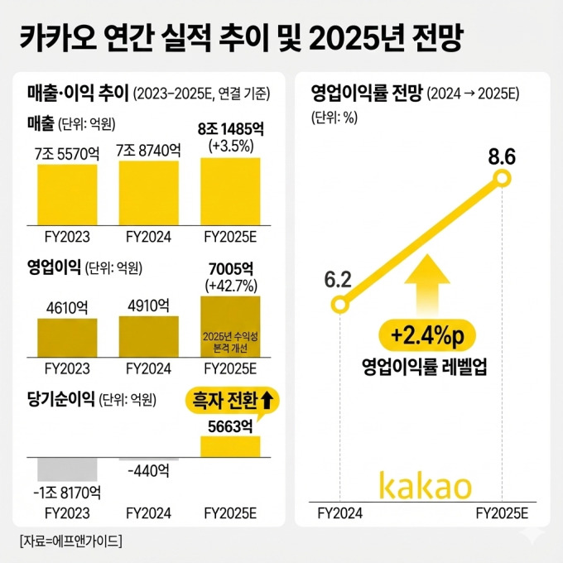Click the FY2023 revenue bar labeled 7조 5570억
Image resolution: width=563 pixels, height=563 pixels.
[67, 194]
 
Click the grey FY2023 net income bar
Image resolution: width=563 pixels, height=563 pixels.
[67, 469]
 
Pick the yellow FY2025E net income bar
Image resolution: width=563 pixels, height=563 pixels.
[230, 445]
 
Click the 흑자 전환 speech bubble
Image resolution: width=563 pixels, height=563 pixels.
[232, 401]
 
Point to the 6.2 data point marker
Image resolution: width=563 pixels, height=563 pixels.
[339, 306]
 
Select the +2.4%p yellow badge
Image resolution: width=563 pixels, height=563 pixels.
[423, 334]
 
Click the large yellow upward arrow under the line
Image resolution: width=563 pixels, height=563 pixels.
[423, 290]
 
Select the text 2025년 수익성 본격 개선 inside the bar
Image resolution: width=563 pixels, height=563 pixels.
[230, 342]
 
